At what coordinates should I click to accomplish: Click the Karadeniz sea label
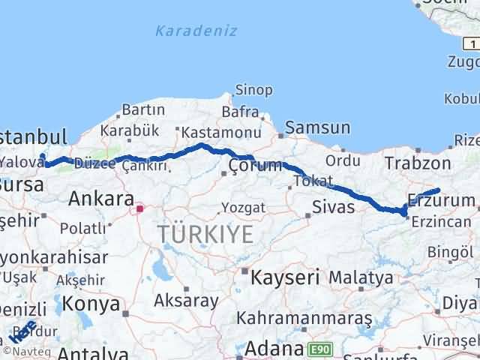pos(196,31)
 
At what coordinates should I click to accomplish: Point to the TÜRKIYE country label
pos(205,235)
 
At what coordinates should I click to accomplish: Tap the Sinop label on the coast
pos(253,90)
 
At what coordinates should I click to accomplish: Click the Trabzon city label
pos(418,163)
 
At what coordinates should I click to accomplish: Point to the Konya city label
pos(92,304)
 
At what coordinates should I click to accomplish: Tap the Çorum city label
pos(256,165)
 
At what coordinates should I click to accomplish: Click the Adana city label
pos(273,349)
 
